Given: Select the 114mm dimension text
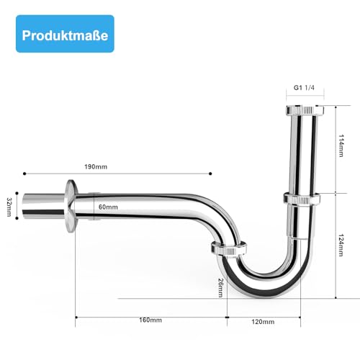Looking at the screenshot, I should tap(342, 149).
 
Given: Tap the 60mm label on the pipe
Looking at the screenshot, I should tap(108, 207).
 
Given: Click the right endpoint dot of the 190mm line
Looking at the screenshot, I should tap(210, 174).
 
